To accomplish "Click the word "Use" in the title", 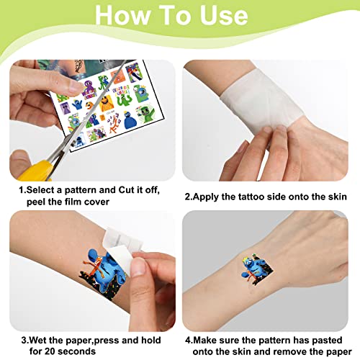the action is tap(224, 15).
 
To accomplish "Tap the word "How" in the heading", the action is tap(122, 15).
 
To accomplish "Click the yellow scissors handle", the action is tap(36, 171).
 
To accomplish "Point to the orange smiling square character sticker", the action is tap(107, 104).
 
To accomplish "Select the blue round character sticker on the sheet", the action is tap(130, 120).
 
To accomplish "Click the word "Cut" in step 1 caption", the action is tap(127, 190).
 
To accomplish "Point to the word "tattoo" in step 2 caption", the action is tap(251, 197).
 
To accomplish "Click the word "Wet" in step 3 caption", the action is tap(38, 340).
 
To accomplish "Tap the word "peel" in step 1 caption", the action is tap(36, 202).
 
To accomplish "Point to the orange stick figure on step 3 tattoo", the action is tap(94, 267).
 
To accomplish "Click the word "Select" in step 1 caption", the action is tap(41, 190).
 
